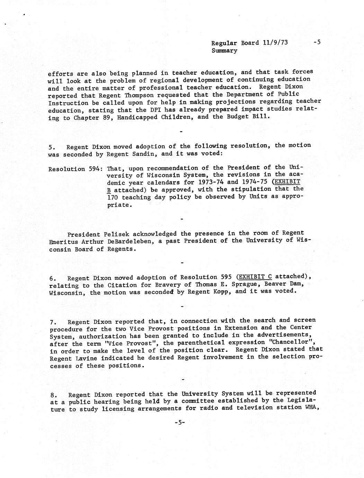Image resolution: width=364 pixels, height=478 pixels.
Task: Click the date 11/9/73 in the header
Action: pyautogui.click(x=275, y=43)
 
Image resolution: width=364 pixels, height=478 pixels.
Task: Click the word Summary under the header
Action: pyautogui.click(x=224, y=51)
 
